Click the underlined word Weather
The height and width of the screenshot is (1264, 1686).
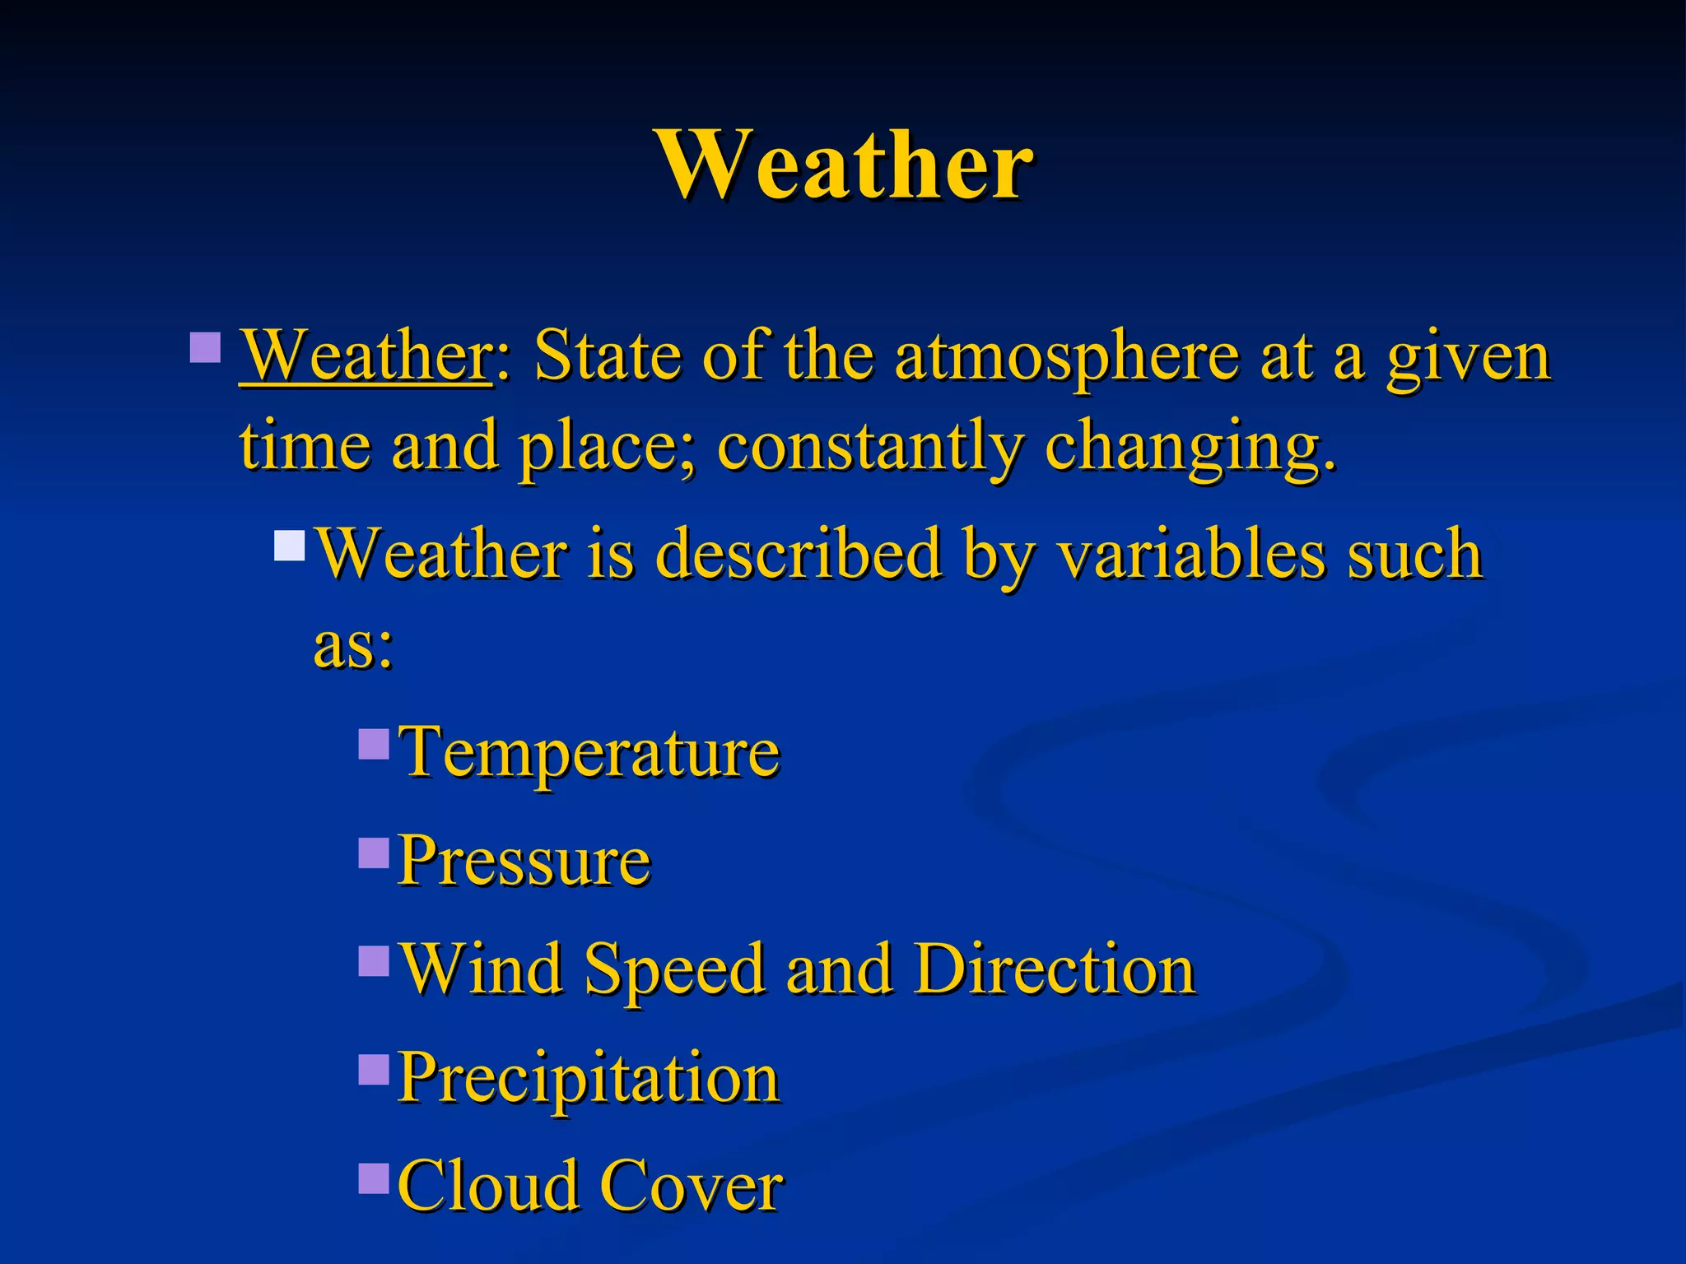366,355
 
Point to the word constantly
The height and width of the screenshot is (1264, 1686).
869,448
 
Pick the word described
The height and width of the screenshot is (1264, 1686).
798,553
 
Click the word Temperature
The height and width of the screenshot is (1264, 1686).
589,752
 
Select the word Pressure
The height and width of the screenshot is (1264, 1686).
524,861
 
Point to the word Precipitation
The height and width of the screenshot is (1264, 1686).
589,1078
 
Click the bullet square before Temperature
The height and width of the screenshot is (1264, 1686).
374,743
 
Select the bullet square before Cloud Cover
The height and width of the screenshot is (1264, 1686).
374,1178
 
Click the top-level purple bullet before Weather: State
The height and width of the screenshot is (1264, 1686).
205,347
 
